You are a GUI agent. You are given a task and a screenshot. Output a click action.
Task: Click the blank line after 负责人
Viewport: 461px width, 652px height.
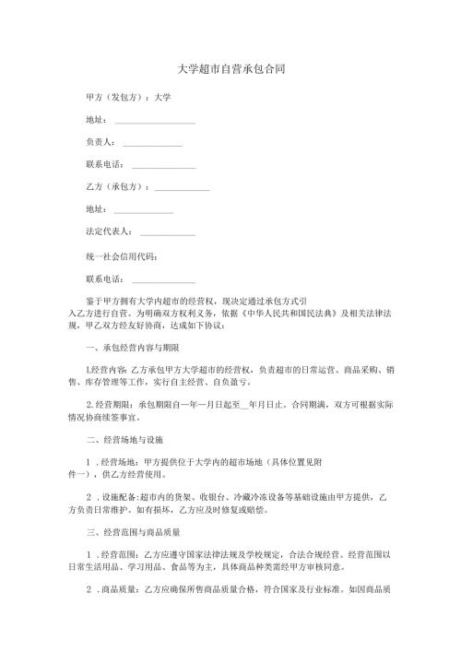152,144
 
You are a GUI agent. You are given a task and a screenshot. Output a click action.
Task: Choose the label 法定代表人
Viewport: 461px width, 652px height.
108,231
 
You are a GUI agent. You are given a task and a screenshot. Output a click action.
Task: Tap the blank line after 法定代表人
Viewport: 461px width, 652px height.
168,233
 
